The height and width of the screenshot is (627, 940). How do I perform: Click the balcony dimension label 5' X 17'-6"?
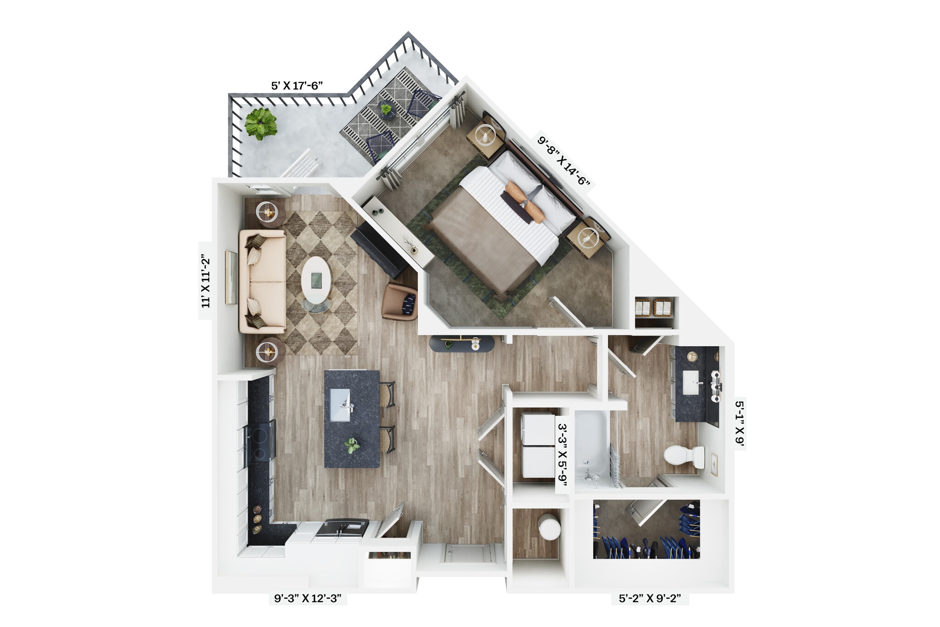[297, 86]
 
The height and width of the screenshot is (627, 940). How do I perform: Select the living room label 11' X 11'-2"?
[205, 281]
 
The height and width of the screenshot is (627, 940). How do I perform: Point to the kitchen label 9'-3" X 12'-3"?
[308, 599]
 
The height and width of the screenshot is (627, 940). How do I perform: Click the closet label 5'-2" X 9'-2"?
[649, 599]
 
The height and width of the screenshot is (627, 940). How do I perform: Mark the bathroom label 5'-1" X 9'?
[739, 423]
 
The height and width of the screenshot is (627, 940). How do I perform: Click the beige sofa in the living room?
[262, 281]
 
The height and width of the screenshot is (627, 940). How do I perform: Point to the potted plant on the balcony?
[261, 123]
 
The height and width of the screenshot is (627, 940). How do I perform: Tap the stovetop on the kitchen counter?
[260, 442]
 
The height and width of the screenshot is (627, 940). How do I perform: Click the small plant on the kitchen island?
[352, 445]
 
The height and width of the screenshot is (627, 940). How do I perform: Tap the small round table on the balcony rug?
[387, 110]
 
